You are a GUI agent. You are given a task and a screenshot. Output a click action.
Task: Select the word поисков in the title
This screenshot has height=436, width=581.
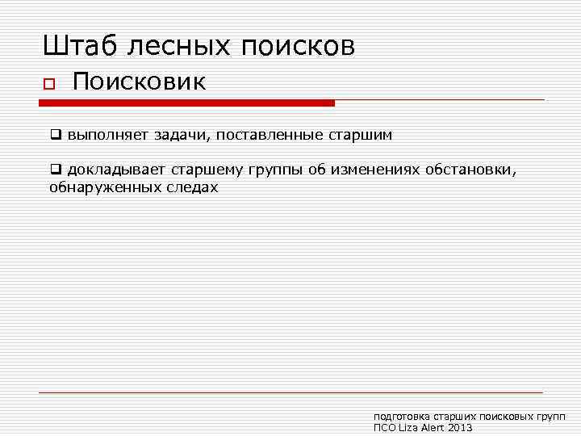pos(297,47)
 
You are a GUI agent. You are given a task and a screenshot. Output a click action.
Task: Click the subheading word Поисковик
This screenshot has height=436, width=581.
pos(140,82)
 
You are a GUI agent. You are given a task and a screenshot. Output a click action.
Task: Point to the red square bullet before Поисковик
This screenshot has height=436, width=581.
pos(48,84)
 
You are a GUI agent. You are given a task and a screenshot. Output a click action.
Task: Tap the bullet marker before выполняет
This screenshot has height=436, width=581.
pos(55,135)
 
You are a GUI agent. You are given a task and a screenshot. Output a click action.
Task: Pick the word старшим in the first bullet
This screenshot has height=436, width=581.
pos(360,135)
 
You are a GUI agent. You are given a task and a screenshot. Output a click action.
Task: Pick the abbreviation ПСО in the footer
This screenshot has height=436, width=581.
pos(384,427)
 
